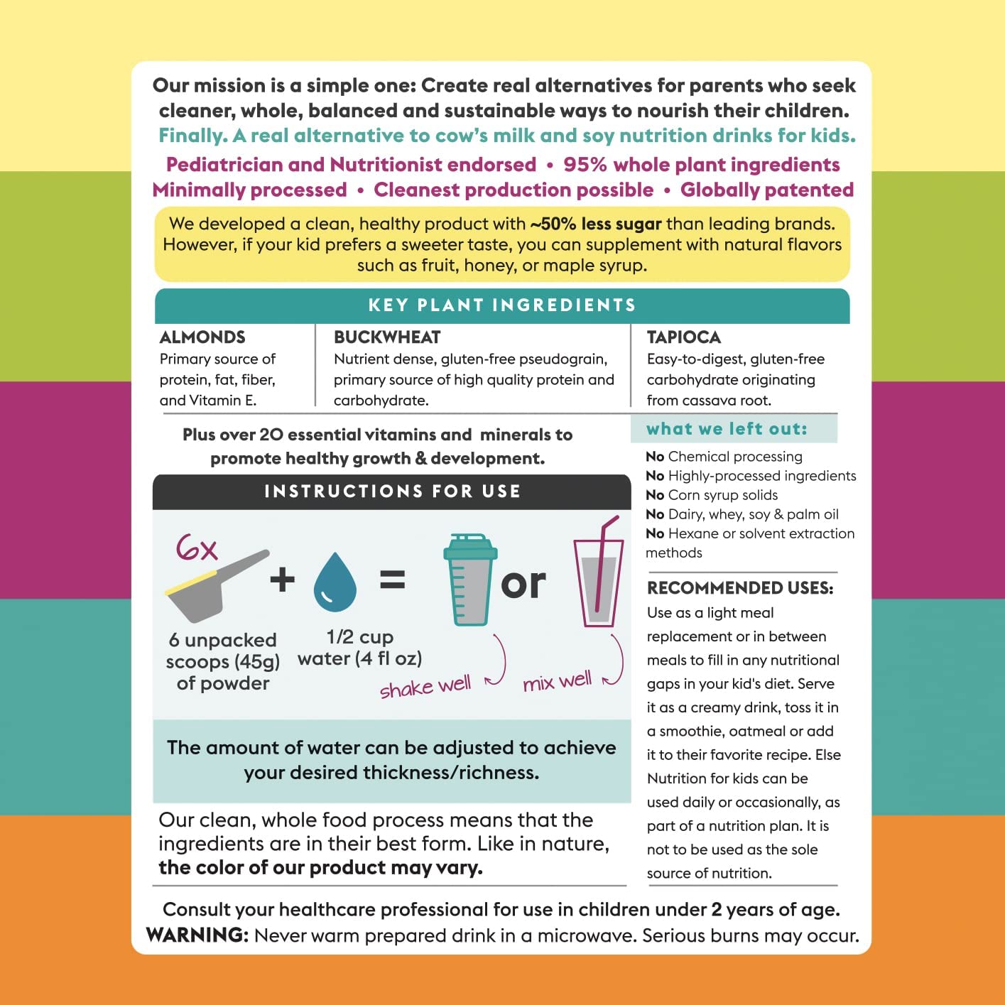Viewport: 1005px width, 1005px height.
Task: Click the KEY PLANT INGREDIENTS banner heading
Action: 502,305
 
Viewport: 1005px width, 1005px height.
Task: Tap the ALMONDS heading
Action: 202,337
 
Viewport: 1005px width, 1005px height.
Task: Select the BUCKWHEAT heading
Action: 387,337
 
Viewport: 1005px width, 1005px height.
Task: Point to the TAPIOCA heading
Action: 683,337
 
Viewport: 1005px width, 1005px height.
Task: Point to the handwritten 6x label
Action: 196,548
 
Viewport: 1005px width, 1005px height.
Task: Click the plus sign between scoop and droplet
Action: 282,580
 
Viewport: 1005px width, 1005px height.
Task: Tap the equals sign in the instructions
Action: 392,580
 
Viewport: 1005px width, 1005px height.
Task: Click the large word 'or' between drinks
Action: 523,584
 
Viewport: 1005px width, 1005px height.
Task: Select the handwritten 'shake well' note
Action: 425,688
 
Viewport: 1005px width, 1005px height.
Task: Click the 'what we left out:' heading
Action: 727,429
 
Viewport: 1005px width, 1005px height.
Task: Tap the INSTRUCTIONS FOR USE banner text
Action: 392,491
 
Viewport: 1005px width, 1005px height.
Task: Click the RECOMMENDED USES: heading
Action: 740,588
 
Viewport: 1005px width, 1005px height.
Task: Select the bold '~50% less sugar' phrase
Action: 595,224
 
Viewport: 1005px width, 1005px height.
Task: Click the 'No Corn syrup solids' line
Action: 712,495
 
